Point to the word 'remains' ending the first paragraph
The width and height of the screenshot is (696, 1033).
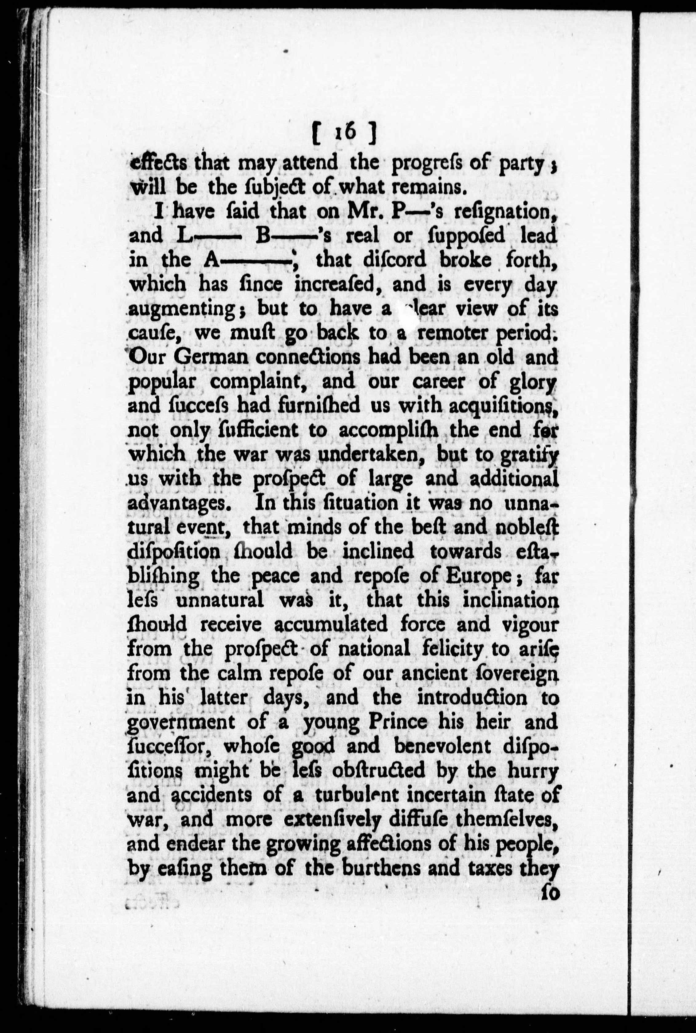point(429,188)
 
